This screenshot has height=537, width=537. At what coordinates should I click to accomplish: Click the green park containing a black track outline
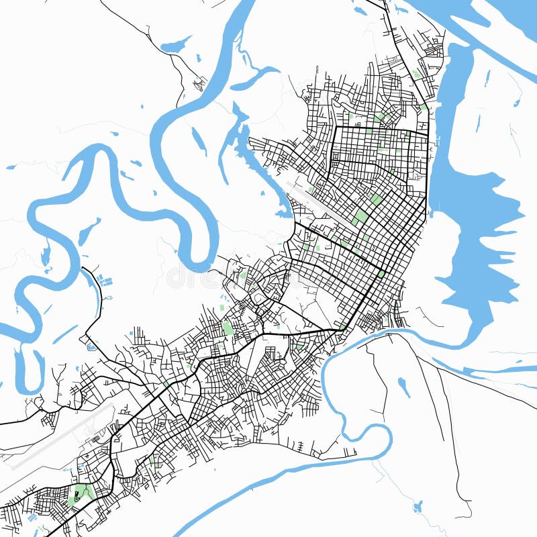pos(80,495)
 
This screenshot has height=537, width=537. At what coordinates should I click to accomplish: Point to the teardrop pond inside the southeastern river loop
pos(403,387)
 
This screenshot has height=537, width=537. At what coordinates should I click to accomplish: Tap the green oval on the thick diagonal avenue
pos(381,274)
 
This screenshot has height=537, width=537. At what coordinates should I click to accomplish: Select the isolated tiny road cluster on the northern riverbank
pos(199,84)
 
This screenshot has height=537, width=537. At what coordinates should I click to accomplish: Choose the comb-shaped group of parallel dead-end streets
pos(139,336)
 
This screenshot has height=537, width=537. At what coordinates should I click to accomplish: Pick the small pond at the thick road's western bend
pos(91,347)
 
